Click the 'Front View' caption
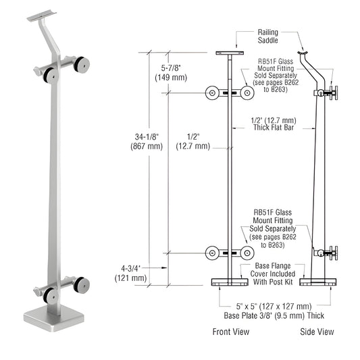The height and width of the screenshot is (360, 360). tap(231, 332)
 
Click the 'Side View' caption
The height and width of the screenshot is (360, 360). tap(317, 332)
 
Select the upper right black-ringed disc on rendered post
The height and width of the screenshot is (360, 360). tap(83, 66)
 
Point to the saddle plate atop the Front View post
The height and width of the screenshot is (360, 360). tap(230, 53)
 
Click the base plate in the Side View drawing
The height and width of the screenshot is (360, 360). tap(317, 281)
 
